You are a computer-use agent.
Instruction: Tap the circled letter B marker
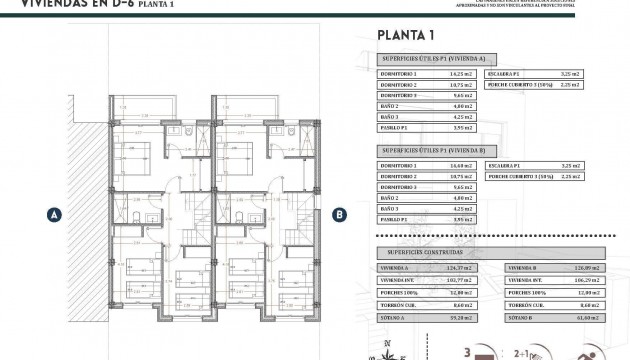(339, 213)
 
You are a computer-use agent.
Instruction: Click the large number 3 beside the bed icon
(468, 351)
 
